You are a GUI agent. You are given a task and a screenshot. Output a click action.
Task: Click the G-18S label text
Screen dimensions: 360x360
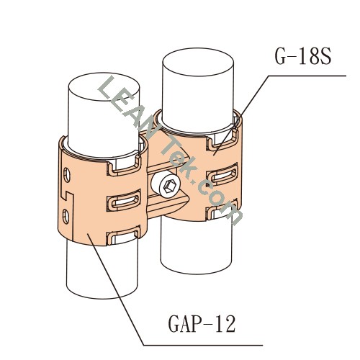(303, 57)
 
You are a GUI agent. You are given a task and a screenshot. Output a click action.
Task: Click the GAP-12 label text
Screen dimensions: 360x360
(202, 323)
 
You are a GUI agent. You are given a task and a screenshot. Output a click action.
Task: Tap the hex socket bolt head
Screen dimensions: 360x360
(166, 185)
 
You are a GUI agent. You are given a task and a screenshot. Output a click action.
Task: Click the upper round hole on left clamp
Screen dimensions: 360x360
(66, 175)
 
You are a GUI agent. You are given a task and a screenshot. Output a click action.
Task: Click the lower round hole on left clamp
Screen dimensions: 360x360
(66, 217)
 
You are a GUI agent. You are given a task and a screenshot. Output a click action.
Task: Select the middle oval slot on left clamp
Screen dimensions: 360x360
(124, 201)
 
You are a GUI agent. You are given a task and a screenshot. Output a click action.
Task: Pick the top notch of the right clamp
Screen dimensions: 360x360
(222, 142)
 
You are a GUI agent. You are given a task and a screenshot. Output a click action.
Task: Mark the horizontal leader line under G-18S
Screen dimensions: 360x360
(307, 76)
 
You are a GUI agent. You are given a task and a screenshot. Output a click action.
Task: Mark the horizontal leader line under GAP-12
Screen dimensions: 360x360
(203, 346)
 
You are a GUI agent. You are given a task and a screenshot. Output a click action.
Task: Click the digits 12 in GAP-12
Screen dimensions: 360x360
(225, 323)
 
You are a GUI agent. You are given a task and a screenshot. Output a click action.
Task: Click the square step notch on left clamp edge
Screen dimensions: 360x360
(67, 196)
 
